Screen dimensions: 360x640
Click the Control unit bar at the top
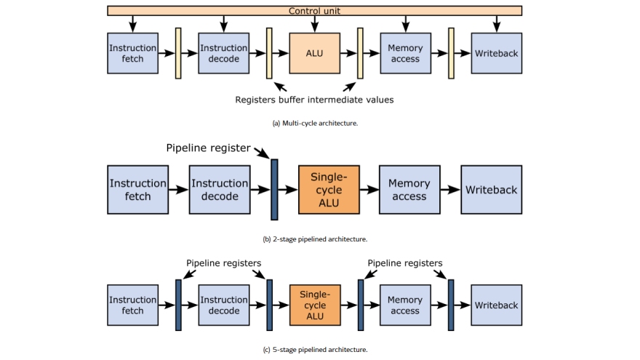[x=314, y=11]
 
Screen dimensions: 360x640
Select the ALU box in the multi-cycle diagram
[x=315, y=53]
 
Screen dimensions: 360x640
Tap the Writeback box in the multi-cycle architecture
[x=496, y=53]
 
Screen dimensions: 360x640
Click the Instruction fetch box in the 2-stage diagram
[x=137, y=189]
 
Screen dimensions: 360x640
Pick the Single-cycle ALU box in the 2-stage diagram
[x=329, y=189]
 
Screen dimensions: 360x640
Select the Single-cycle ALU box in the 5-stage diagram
[x=315, y=305]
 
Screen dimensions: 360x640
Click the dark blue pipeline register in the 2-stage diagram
[x=274, y=189]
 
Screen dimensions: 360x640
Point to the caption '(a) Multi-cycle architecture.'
[x=315, y=123]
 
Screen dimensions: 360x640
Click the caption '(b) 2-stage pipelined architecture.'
[x=315, y=239]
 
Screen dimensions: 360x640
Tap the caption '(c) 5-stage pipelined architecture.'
[x=315, y=350]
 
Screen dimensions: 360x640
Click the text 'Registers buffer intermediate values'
[x=314, y=100]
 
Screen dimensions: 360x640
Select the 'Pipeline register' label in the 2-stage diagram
[x=208, y=148]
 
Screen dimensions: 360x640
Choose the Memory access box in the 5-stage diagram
[x=405, y=305]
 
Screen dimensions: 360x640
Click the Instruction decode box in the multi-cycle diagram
[x=223, y=53]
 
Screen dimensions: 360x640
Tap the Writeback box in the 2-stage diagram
[x=491, y=189]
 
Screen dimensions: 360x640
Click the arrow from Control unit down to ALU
[x=315, y=24]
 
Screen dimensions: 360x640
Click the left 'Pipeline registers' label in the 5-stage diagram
[x=223, y=263]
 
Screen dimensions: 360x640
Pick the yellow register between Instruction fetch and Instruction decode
[x=178, y=53]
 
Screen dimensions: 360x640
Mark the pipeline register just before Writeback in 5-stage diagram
[x=451, y=305]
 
